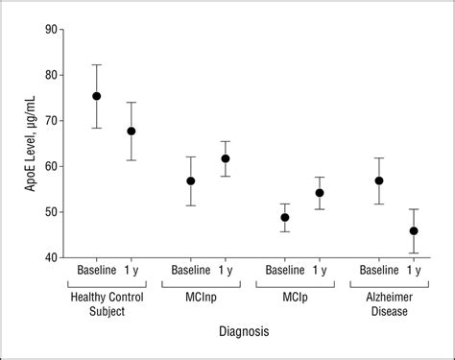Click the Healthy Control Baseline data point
[x=96, y=96]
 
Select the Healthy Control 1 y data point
[x=132, y=131]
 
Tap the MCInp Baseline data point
[x=191, y=180]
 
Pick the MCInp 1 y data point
[x=226, y=158]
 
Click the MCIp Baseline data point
[x=285, y=217]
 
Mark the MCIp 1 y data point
[x=320, y=193]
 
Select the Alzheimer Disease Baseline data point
[x=379, y=180]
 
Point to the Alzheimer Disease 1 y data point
[x=414, y=230]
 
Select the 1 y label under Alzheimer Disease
[x=414, y=273]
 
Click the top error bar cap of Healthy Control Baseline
[x=96, y=64]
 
